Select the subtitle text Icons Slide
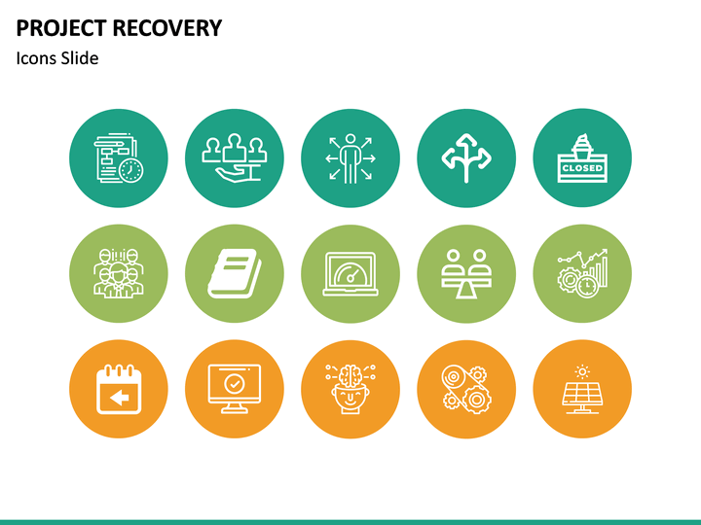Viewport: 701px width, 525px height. pos(57,58)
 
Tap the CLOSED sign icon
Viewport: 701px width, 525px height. pos(582,157)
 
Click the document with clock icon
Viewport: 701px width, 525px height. pos(118,157)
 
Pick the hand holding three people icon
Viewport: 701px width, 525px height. pos(234,157)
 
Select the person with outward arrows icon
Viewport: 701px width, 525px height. pos(350,157)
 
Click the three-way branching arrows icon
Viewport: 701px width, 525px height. pos(466,157)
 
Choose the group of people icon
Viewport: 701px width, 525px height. pos(118,273)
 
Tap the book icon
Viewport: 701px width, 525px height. pos(234,273)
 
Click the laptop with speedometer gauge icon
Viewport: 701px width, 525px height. pos(350,273)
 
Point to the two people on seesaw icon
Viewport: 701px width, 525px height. pos(466,273)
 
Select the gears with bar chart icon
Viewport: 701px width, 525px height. pos(582,273)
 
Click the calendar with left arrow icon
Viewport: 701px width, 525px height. pos(118,389)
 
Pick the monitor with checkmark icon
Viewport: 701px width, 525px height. pos(234,389)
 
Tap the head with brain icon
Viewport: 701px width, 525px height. pos(350,389)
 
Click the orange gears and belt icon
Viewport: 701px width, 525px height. pos(466,389)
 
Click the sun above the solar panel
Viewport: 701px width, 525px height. pos(582,370)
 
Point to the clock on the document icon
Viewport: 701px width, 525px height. pos(131,170)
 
